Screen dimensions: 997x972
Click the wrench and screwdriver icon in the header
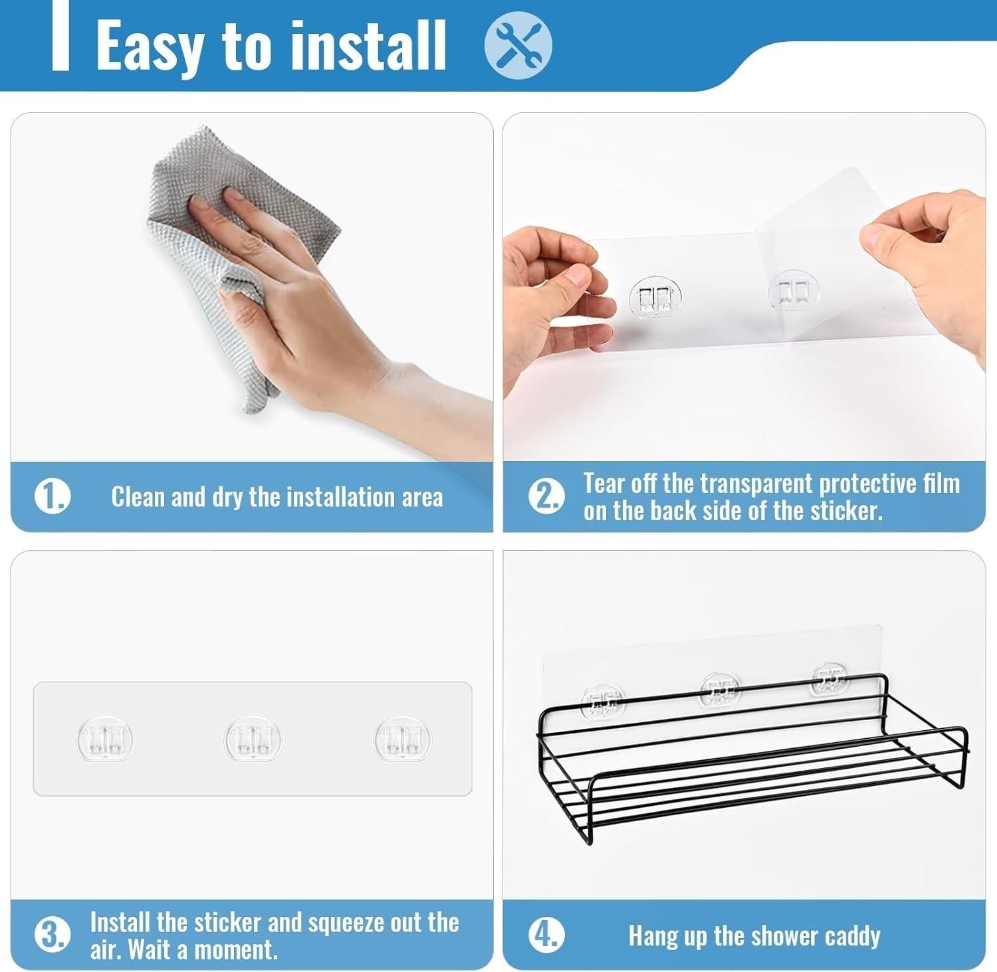(518, 46)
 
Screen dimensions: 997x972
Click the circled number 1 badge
(52, 496)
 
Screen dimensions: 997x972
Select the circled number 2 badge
(546, 496)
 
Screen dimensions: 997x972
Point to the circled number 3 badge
(52, 935)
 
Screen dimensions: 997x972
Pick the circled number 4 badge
(546, 935)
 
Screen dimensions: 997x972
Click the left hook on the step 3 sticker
(105, 738)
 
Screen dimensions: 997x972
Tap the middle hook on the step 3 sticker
(253, 738)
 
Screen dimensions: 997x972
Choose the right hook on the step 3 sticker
(403, 738)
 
